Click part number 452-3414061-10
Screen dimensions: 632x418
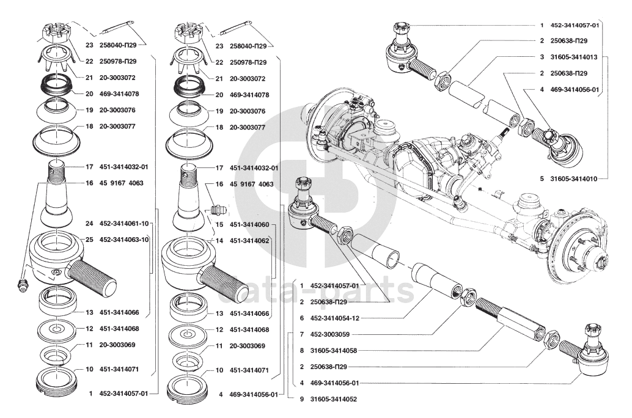123,223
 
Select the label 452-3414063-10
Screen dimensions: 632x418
123,240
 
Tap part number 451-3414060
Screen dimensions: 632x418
249,224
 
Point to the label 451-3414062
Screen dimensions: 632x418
249,241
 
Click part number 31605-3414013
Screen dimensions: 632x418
573,57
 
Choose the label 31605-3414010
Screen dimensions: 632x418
573,178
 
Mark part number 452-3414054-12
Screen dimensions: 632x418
334,318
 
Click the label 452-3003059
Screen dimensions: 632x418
329,334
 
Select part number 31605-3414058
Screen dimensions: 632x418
333,351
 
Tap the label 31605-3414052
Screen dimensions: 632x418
333,399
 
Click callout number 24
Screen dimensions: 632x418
89,223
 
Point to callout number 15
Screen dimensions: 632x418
219,224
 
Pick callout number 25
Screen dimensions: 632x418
89,240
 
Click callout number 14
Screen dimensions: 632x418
219,241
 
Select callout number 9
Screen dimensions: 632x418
302,399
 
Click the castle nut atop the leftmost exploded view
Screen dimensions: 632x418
54,33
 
